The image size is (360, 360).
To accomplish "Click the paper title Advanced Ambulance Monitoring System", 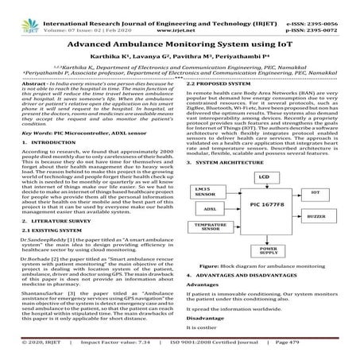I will point(180,45).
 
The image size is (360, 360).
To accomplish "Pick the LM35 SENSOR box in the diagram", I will point(211,215).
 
